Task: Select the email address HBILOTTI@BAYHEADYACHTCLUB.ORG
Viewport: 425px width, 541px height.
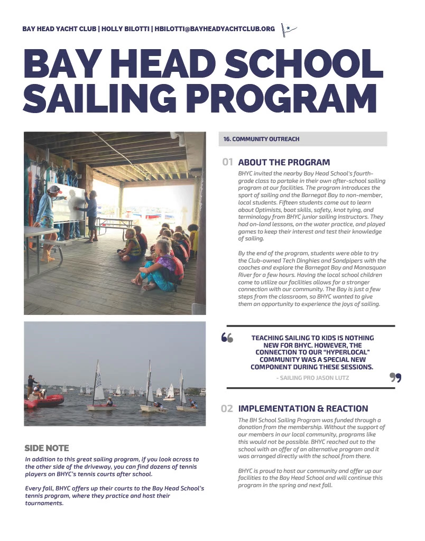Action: pyautogui.click(x=216, y=29)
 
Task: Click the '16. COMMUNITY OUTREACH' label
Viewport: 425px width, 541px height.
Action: pyautogui.click(x=262, y=139)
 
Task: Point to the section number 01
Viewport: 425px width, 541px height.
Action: pyautogui.click(x=228, y=162)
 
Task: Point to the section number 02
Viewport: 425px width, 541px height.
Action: pyautogui.click(x=227, y=408)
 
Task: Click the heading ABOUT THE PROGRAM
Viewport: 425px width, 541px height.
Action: pyautogui.click(x=284, y=162)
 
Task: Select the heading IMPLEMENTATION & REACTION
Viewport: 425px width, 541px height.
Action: pyautogui.click(x=303, y=408)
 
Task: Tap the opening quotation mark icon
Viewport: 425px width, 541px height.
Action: pyautogui.click(x=227, y=338)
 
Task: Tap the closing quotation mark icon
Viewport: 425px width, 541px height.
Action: pyautogui.click(x=395, y=377)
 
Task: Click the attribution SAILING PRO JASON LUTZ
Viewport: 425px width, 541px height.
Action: pyautogui.click(x=312, y=378)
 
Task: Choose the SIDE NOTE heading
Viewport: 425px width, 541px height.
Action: pyautogui.click(x=47, y=448)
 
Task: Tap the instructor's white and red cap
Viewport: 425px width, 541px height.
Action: pyautogui.click(x=53, y=189)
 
